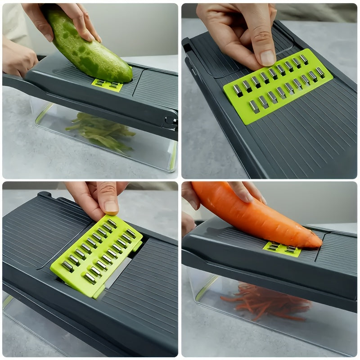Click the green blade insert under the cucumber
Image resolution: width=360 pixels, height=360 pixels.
click(107, 85)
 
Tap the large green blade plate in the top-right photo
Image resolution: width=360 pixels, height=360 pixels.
click(278, 85)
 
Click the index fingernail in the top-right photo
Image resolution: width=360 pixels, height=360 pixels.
click(267, 58)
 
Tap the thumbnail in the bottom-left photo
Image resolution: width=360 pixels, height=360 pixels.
click(111, 206)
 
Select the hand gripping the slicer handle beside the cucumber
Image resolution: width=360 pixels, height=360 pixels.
click(18, 58)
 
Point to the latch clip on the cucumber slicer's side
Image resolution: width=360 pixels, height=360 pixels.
click(170, 120)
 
